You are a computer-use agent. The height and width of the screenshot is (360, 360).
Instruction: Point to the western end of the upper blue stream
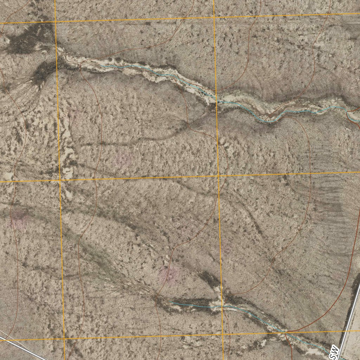pos(102,65)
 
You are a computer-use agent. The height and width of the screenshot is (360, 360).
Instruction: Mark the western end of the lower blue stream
pos(170,302)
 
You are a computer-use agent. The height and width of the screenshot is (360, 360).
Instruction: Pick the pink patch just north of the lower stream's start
pos(168,275)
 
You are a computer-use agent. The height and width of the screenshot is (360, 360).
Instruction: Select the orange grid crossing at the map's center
pos(219,175)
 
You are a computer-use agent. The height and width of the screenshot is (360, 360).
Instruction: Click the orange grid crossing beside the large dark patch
pos(56,21)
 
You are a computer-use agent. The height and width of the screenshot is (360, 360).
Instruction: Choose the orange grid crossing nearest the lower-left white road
pos(64,339)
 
